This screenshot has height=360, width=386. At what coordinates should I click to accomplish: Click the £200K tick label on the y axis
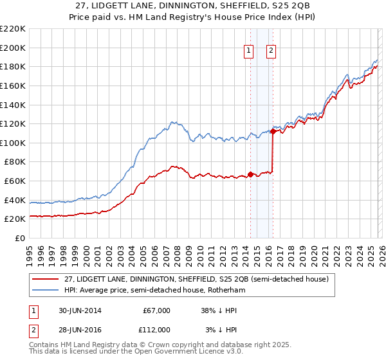pos(13,48)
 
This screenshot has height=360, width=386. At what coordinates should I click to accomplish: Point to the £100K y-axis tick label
pos(13,143)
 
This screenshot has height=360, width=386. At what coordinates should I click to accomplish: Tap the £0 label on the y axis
pos(19,238)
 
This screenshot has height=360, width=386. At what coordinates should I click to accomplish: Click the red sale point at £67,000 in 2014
pos(250,174)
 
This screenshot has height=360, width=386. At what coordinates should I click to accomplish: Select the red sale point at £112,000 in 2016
pos(273,132)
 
